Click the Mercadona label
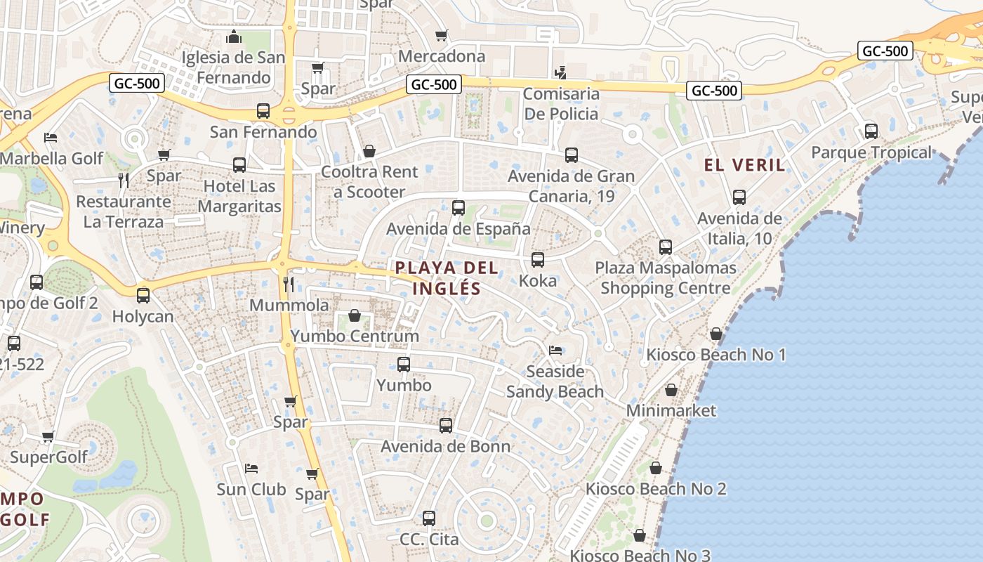(442, 56)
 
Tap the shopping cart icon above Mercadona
(441, 35)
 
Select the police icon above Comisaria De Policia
(560, 72)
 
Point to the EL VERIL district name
(744, 166)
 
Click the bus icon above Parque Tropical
(871, 131)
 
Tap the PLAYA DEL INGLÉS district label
(447, 277)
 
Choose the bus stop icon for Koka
(538, 260)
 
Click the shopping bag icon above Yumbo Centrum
(355, 315)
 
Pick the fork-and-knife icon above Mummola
(289, 284)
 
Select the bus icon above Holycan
(143, 295)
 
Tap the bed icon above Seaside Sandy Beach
(555, 350)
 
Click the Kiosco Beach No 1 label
(715, 355)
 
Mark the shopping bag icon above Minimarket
(671, 390)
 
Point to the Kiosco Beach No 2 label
(656, 489)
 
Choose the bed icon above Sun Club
(251, 468)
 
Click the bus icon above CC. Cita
(429, 518)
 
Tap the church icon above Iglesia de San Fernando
(234, 37)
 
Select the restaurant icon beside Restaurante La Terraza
(124, 181)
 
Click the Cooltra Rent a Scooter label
(369, 182)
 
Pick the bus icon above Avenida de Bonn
(446, 426)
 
